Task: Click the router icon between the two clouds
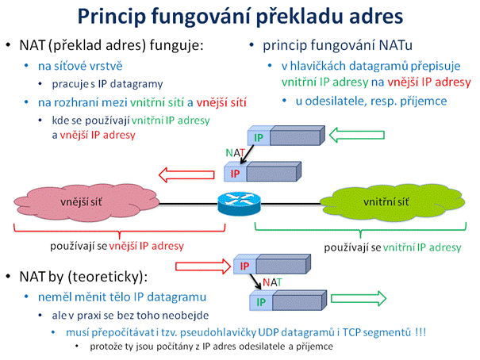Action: point(239,204)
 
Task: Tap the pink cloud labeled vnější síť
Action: point(86,202)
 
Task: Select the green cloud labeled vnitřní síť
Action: point(393,202)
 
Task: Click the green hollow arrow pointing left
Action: point(357,135)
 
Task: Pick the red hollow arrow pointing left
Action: point(186,175)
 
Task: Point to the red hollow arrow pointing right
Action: point(203,266)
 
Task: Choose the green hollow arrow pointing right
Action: point(359,298)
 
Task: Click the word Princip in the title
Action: point(112,17)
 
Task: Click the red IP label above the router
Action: point(235,174)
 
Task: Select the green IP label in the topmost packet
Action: point(259,138)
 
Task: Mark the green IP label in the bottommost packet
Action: point(261,302)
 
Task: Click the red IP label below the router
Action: point(244,266)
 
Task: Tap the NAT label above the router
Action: point(235,152)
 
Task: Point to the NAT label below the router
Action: point(272,282)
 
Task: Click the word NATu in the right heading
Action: point(396,45)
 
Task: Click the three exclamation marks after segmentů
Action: point(420,332)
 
